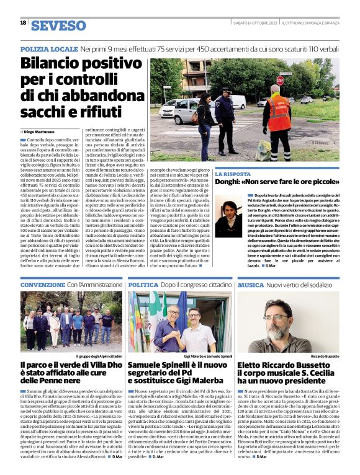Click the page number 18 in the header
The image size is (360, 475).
tap(23, 23)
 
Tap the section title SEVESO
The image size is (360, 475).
tap(59, 25)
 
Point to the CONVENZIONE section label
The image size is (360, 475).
tap(42, 284)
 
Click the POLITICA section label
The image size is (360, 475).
tap(143, 284)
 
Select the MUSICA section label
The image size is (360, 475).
tap(251, 284)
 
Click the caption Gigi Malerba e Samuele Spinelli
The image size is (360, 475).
tap(208, 357)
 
